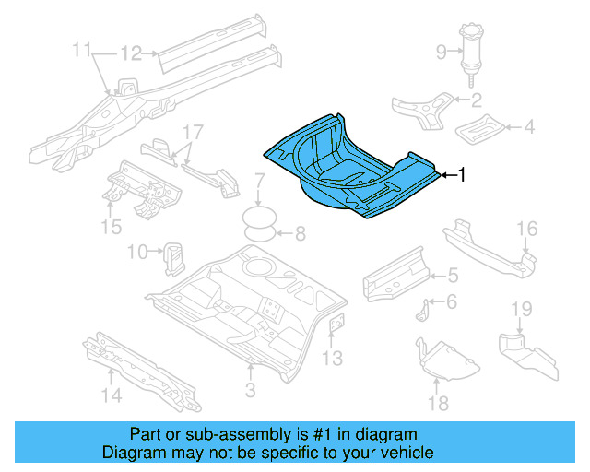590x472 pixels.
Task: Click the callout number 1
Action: [462, 173]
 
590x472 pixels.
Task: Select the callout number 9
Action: [441, 52]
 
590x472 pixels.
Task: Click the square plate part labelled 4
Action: [481, 128]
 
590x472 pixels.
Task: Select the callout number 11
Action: [83, 47]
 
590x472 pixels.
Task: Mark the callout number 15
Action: [111, 227]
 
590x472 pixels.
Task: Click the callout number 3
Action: [249, 391]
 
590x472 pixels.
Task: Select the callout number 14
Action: [111, 397]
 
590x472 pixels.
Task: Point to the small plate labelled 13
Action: [336, 324]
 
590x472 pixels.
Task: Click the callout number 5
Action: [452, 273]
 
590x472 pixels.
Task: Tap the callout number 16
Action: [526, 229]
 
